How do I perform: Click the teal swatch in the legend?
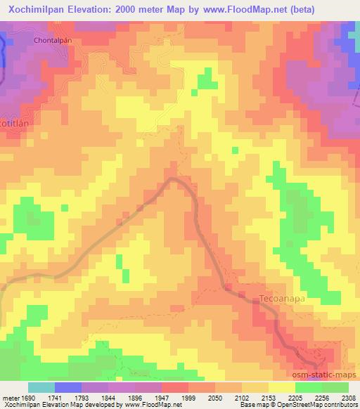pos(41,387)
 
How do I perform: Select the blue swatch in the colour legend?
pos(68,387)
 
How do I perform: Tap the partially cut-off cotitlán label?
pos(13,121)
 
